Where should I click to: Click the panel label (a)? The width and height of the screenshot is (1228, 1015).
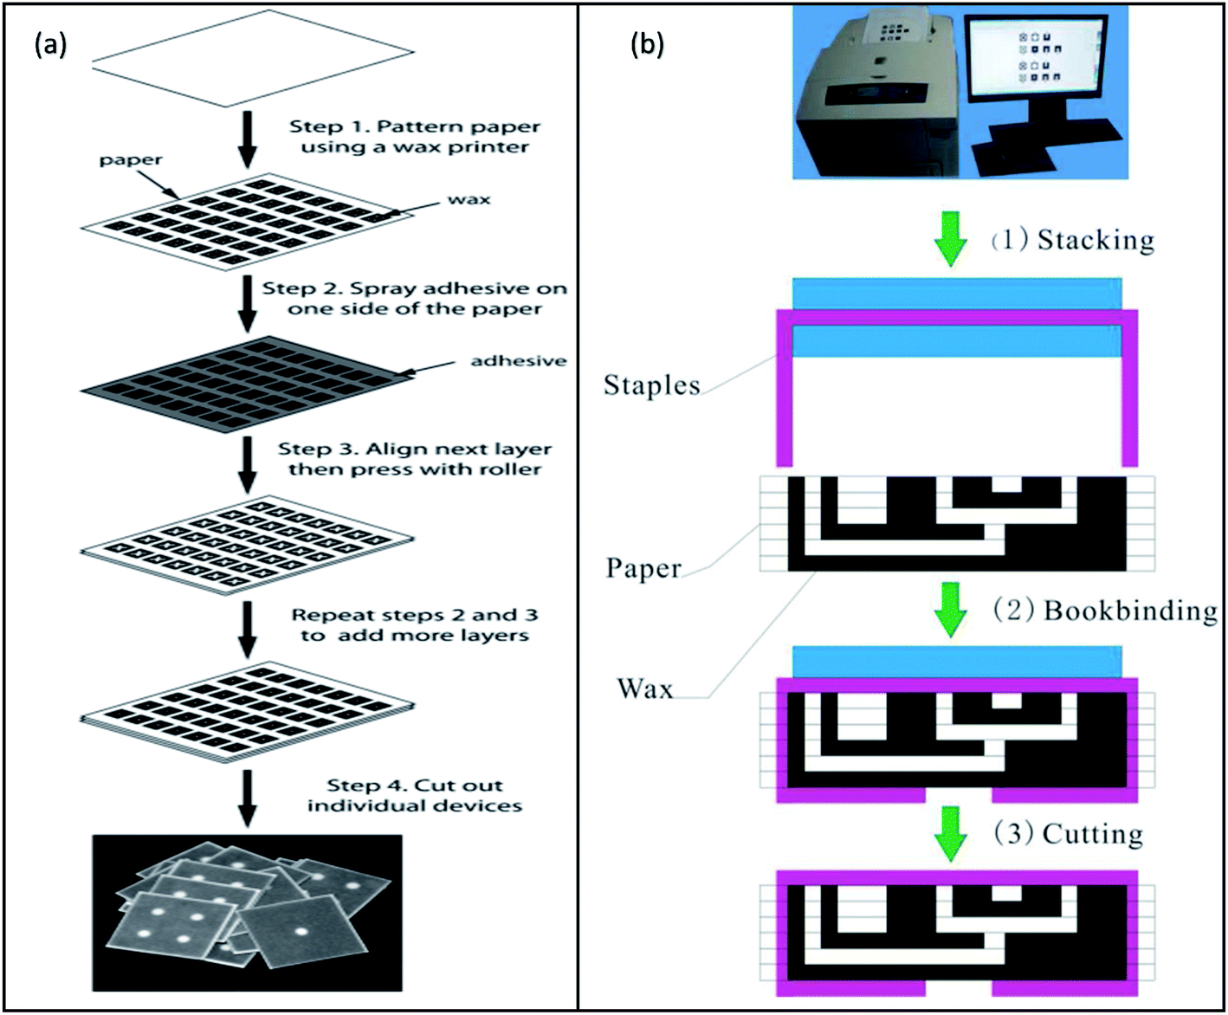tap(50, 44)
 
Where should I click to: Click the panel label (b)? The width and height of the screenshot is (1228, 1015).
tap(647, 44)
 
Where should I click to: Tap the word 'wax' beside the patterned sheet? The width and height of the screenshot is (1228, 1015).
tap(469, 199)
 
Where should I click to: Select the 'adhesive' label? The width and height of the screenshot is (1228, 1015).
tap(518, 360)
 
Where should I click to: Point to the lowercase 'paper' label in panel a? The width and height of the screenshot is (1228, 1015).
tap(130, 160)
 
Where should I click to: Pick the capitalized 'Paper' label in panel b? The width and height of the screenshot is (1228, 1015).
tap(643, 568)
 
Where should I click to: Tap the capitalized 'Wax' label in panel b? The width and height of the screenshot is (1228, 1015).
tap(645, 689)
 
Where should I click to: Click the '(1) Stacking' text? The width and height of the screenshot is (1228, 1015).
tap(1073, 239)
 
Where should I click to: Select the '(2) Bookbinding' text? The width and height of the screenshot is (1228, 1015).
tap(1105, 611)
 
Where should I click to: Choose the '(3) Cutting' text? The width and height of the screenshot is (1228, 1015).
tap(1068, 833)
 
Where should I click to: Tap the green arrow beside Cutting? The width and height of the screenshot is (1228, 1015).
tap(951, 833)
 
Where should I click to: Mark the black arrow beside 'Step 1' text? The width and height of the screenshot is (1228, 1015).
tap(248, 139)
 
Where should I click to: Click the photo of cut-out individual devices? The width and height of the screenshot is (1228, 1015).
tap(248, 912)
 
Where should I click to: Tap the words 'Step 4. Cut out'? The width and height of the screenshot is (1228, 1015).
tap(414, 785)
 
